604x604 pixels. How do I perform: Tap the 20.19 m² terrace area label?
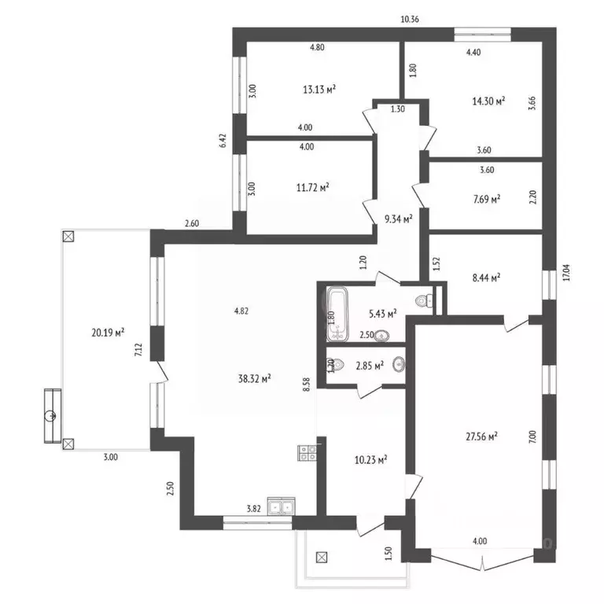109,333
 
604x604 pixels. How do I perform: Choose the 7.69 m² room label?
484,200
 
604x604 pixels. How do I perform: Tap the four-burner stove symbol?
307,452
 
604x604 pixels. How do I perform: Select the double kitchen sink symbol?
281,506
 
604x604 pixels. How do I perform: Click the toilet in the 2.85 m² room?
330,365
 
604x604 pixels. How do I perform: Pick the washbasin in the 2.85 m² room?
399,365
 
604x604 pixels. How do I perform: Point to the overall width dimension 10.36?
410,19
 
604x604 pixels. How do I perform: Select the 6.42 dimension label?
223,140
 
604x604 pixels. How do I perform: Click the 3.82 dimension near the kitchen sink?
254,509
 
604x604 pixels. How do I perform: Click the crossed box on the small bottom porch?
321,558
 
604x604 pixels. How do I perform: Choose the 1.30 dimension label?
397,110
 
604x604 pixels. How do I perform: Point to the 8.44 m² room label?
485,277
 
